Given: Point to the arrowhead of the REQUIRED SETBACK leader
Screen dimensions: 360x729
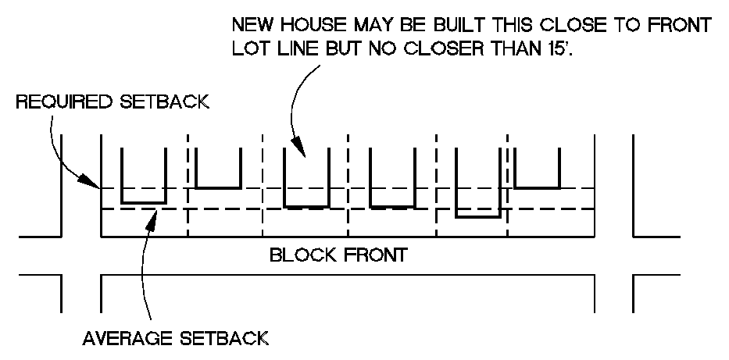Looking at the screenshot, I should point(98,187).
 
